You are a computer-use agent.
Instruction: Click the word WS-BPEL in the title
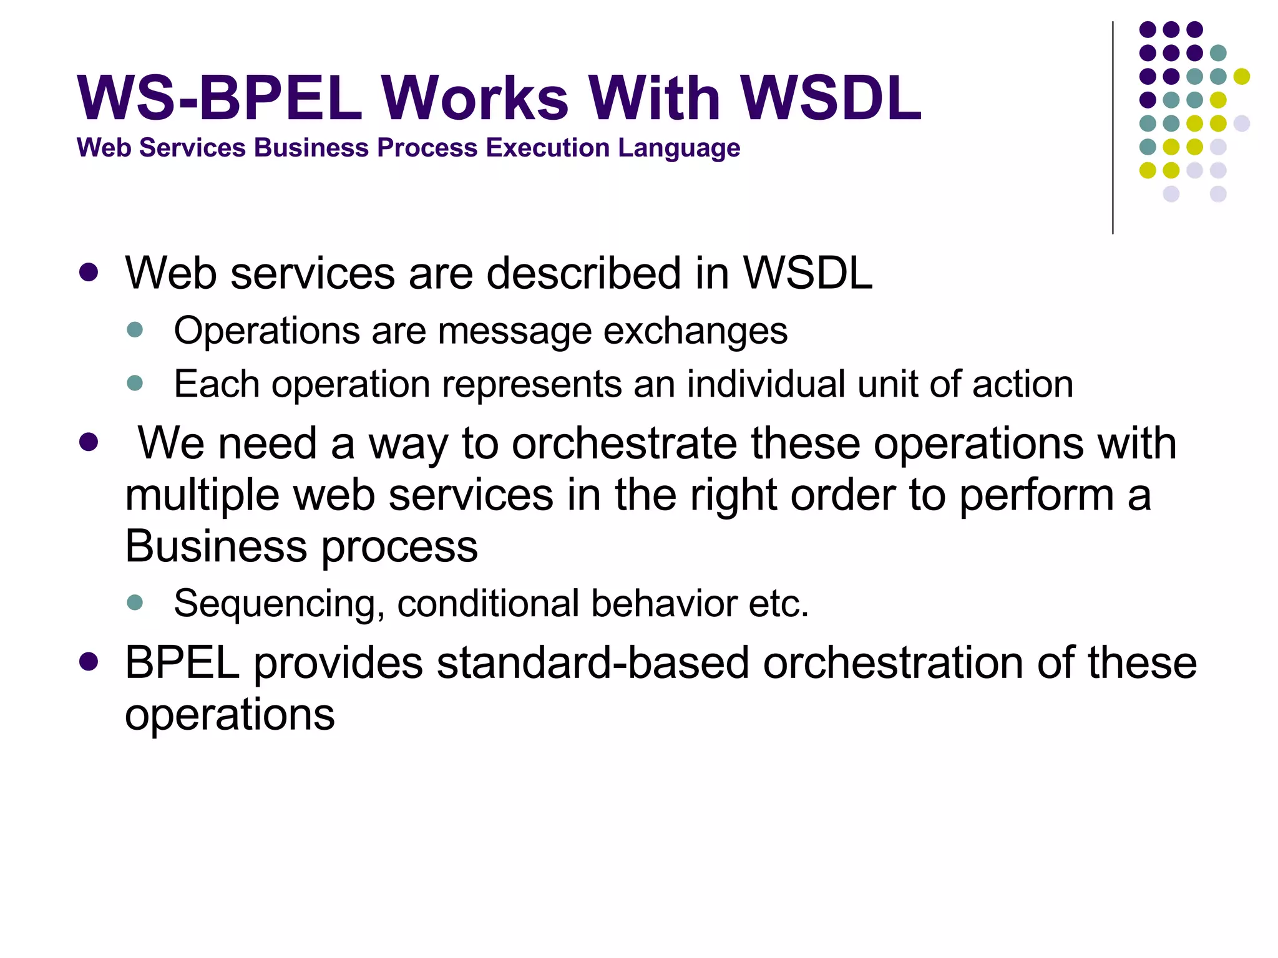tap(218, 99)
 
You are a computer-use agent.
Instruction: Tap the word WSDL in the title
tap(830, 99)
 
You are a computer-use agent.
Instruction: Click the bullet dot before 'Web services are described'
tap(89, 273)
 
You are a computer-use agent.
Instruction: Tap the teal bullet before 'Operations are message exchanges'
tap(135, 329)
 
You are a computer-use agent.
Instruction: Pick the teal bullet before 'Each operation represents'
tap(135, 382)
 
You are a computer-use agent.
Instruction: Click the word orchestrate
tap(624, 443)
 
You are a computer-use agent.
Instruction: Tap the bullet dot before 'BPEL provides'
tap(89, 662)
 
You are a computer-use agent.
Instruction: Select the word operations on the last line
tap(230, 715)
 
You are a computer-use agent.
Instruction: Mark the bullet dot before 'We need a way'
tap(89, 443)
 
